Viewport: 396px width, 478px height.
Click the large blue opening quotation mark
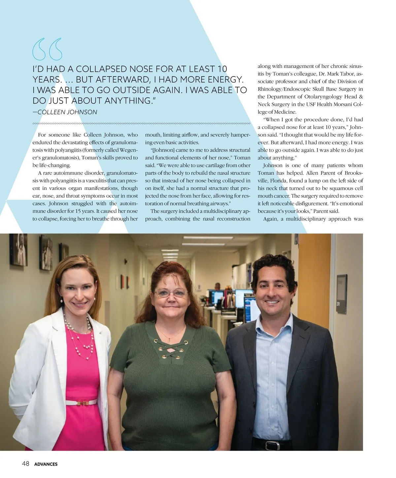pos(47,49)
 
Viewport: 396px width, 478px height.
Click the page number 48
pos(26,464)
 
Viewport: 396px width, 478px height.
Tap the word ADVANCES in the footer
pos(46,464)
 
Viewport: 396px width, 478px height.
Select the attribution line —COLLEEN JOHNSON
pos(65,112)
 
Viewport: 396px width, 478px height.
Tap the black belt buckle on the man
pos(272,445)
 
